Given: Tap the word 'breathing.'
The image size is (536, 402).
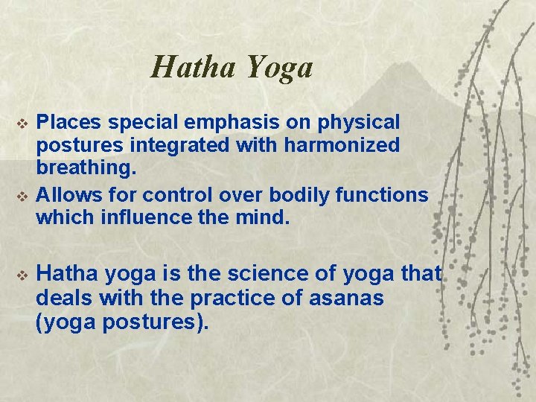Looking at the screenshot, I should (x=86, y=170).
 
